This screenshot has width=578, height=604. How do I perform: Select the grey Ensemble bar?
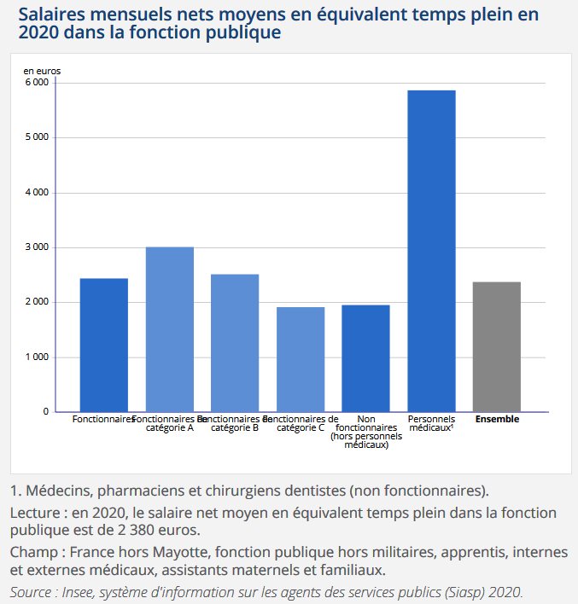point(497,346)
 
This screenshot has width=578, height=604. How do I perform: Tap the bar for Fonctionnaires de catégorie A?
point(170,329)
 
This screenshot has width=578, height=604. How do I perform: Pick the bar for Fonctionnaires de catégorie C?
point(301,359)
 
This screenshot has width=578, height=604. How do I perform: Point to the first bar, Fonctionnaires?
point(104,345)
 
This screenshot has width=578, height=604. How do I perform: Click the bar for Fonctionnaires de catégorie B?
point(235,343)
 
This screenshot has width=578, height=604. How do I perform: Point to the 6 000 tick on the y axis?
point(36,83)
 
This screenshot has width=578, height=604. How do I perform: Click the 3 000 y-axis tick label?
point(36,247)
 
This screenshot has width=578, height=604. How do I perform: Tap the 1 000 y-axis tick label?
point(36,357)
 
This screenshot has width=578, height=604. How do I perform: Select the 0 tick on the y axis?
point(45,412)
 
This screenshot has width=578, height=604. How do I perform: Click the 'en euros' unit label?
point(42,71)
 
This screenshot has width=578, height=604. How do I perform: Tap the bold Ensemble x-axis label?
point(497,420)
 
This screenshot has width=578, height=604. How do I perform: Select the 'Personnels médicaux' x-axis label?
point(431,424)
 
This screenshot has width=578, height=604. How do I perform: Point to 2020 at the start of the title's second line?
point(35,34)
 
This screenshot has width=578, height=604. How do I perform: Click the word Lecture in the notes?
point(39,514)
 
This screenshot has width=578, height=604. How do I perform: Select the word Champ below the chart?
point(36,552)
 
